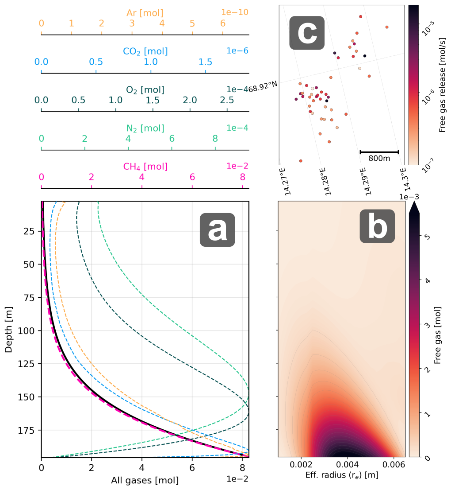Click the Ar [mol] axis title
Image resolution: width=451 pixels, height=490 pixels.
145,12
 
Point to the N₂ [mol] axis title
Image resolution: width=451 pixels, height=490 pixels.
145,128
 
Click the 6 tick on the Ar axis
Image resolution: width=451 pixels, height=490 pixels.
222,23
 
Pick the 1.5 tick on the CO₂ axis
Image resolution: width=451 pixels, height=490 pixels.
206,62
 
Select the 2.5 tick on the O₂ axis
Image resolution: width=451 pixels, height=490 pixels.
227,100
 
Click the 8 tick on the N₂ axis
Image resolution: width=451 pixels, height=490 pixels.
215,139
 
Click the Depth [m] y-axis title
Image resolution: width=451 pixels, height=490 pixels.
8,329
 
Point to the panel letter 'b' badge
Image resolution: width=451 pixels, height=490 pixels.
377,226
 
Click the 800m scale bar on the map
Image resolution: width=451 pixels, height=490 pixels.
379,152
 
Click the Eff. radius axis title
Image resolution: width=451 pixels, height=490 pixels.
341,476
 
